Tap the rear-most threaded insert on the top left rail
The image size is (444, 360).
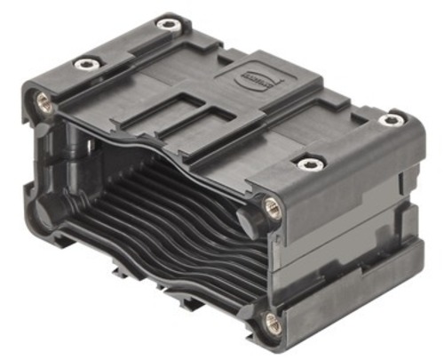(167, 24)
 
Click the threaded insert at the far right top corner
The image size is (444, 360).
(391, 119)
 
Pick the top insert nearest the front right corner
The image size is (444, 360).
(308, 164)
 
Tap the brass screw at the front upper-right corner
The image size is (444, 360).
(273, 210)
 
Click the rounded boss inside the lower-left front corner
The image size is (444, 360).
(44, 211)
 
